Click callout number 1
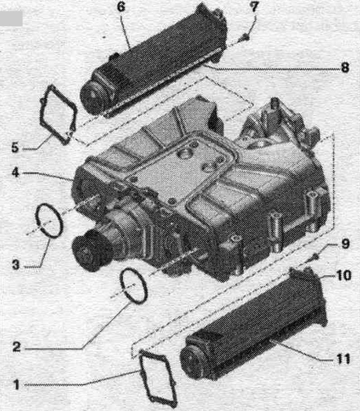coord(16,385)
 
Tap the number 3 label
coord(16,264)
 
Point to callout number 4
coord(15,172)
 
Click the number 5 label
coord(15,147)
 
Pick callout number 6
coord(121,7)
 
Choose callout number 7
coord(254,7)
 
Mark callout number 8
coord(345,67)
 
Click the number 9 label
coord(345,244)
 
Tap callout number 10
coord(343,275)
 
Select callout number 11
coord(343,358)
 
